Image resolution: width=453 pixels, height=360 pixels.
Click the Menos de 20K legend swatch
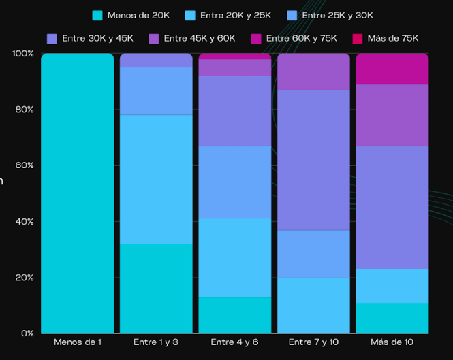97,16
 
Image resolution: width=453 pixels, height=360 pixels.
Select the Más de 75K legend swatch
358,39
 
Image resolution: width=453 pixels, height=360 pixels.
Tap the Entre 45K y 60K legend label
200,38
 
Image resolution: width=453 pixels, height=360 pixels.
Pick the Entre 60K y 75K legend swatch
256,39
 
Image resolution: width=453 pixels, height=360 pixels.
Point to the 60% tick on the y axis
25,165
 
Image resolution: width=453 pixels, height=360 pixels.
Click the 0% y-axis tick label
27,333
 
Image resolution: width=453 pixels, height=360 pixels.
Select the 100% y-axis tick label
23,54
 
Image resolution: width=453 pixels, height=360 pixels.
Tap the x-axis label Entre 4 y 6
234,342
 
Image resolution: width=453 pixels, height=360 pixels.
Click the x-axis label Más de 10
392,342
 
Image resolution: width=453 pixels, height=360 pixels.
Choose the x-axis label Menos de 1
78,342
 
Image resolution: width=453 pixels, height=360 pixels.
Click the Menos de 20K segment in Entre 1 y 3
156,289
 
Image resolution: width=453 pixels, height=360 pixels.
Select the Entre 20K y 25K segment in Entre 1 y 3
156,179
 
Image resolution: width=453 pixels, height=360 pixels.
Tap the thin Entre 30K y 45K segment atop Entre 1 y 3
156,61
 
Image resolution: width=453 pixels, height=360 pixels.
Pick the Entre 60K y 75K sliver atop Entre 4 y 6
235,56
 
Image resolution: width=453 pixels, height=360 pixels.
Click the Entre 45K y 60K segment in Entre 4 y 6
235,67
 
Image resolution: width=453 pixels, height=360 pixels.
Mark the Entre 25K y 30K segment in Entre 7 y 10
313,254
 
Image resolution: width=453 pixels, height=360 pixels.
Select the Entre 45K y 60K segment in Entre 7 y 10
313,71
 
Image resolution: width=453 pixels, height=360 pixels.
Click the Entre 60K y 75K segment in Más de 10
392,69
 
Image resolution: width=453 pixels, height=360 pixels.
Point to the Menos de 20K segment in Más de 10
392,318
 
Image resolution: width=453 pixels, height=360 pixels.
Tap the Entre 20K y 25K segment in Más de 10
392,286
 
